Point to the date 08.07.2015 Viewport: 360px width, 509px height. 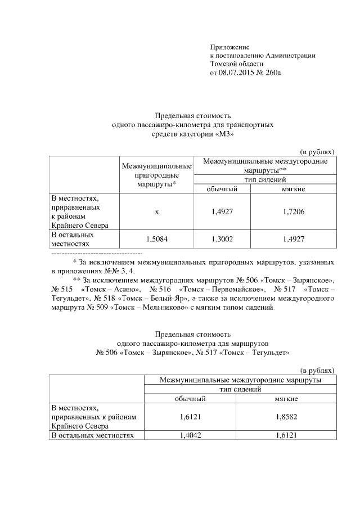pos(237,73)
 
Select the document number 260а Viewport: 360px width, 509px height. pos(272,73)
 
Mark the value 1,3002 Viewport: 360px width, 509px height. pos(222,239)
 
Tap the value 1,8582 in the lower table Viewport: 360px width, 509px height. pos(286,416)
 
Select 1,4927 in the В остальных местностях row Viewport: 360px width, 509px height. pos(293,239)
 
